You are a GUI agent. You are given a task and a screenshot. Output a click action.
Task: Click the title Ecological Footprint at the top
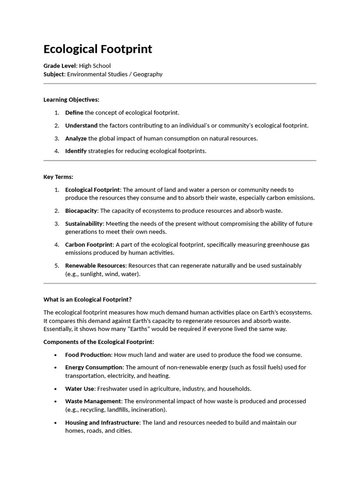pyautogui.click(x=97, y=49)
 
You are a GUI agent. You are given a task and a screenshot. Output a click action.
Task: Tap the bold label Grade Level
pyautogui.click(x=60, y=66)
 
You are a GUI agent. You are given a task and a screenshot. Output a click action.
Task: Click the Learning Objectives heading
pyautogui.click(x=71, y=99)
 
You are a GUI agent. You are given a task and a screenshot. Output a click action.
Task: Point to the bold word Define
pyautogui.click(x=74, y=112)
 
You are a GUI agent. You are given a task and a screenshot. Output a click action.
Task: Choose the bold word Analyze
pyautogui.click(x=76, y=138)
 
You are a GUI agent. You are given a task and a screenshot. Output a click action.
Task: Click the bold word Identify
pyautogui.click(x=76, y=151)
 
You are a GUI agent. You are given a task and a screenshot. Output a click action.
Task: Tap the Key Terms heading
pyautogui.click(x=58, y=177)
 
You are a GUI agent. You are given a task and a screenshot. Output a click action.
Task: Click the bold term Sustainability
pyautogui.click(x=84, y=224)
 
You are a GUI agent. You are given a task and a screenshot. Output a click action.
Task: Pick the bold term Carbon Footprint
pyautogui.click(x=89, y=245)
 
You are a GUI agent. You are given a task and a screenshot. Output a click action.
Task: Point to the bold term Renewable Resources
pyautogui.click(x=96, y=265)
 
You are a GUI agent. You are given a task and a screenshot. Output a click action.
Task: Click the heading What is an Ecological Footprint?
pyautogui.click(x=88, y=299)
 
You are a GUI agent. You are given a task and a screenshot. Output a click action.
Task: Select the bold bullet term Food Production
pyautogui.click(x=88, y=355)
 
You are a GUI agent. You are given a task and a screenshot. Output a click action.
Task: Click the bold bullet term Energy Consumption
pyautogui.click(x=94, y=367)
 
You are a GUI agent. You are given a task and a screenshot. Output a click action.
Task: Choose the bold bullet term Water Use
pyautogui.click(x=80, y=389)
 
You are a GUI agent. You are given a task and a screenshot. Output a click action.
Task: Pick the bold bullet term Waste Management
pyautogui.click(x=93, y=401)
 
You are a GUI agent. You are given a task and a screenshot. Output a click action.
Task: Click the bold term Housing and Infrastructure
pyautogui.click(x=102, y=423)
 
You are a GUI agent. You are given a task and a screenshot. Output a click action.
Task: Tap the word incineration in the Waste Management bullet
pyautogui.click(x=149, y=410)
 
